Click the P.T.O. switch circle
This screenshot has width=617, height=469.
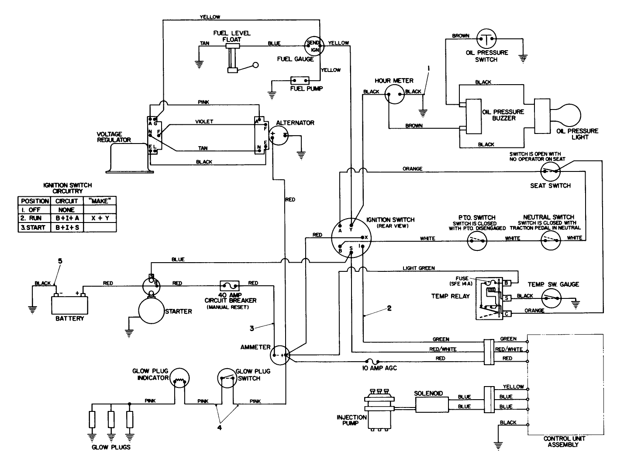click(x=478, y=240)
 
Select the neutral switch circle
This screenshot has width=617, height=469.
click(x=551, y=240)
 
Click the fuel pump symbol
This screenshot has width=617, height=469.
click(x=300, y=81)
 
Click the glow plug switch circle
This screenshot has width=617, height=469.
click(x=227, y=378)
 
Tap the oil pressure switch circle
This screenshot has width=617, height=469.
click(x=486, y=40)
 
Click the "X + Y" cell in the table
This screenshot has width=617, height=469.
click(x=100, y=219)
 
